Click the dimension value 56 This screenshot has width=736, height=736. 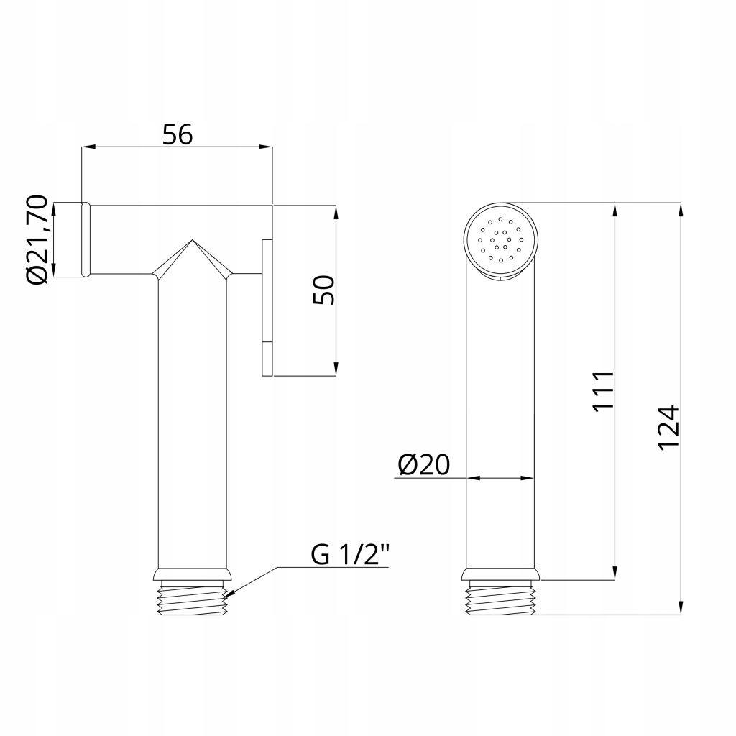click(178, 134)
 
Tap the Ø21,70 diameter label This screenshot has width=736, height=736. click(38, 239)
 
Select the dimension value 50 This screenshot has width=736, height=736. click(324, 290)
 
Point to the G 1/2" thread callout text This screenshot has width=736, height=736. click(350, 555)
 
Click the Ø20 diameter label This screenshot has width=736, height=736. click(424, 465)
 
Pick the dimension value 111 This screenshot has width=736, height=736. click(603, 392)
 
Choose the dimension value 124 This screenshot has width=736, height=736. click(668, 428)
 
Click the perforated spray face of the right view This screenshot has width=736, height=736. click(501, 240)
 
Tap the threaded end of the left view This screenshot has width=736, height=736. click(193, 597)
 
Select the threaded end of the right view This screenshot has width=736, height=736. click(500, 597)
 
